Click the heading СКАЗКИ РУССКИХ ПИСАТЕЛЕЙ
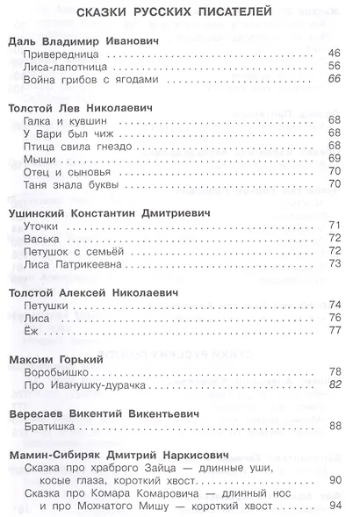(x=180, y=13)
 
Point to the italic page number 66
(x=334, y=80)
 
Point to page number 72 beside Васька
(x=334, y=238)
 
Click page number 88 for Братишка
(x=334, y=427)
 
